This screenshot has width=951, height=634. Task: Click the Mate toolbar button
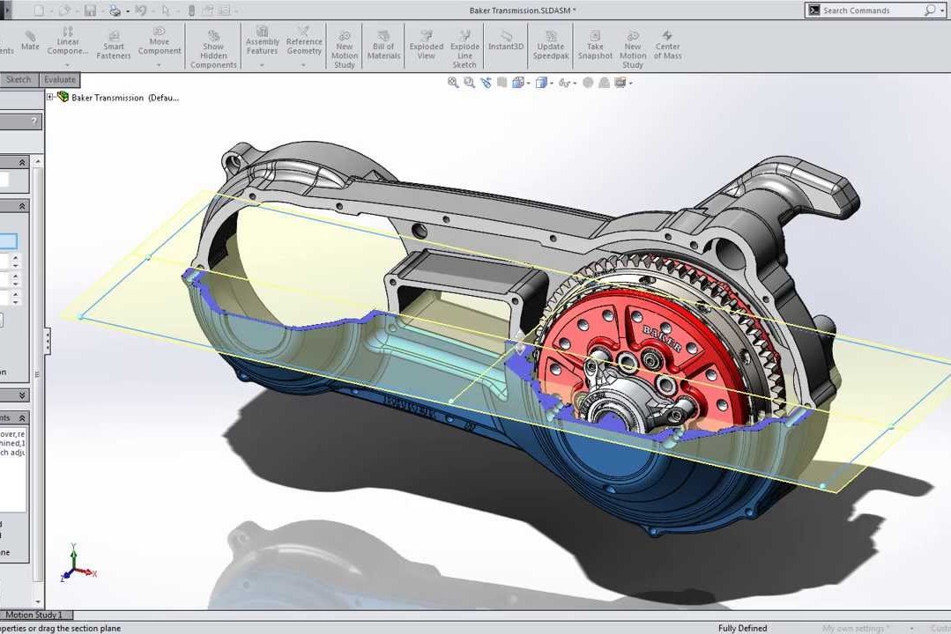click(30, 41)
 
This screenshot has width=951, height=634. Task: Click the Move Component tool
click(160, 41)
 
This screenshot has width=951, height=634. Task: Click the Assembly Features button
click(263, 41)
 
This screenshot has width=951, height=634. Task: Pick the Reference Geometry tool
click(304, 41)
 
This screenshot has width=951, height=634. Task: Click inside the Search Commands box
click(871, 11)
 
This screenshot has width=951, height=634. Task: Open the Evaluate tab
click(60, 79)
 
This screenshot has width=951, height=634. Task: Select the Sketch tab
click(19, 79)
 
